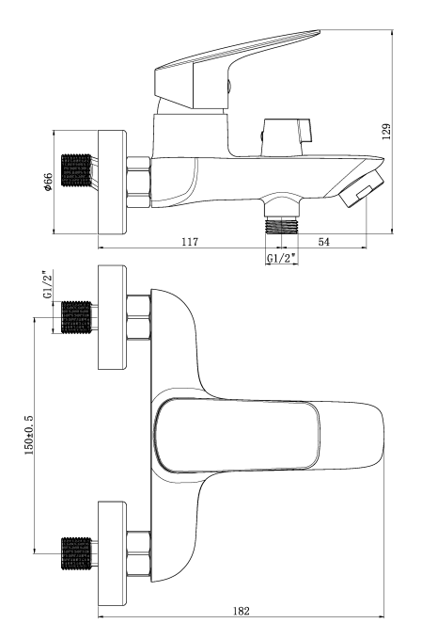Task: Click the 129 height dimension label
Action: (x=386, y=132)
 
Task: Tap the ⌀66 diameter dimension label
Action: (x=48, y=182)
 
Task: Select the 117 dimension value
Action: (x=190, y=242)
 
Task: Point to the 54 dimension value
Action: (x=323, y=242)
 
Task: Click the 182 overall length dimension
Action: (x=242, y=611)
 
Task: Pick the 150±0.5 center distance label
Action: (x=30, y=435)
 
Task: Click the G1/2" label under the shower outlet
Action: (x=281, y=259)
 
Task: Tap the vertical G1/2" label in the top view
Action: (x=48, y=284)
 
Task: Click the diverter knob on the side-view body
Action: (x=288, y=137)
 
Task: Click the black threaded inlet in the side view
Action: (x=76, y=170)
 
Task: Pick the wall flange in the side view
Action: (x=112, y=183)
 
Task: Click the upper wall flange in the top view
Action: (x=112, y=317)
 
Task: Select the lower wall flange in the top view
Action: (x=112, y=553)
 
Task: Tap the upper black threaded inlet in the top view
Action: (x=76, y=317)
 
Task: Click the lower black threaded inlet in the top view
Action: (x=76, y=553)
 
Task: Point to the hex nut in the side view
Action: (x=139, y=183)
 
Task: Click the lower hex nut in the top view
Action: (x=139, y=553)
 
